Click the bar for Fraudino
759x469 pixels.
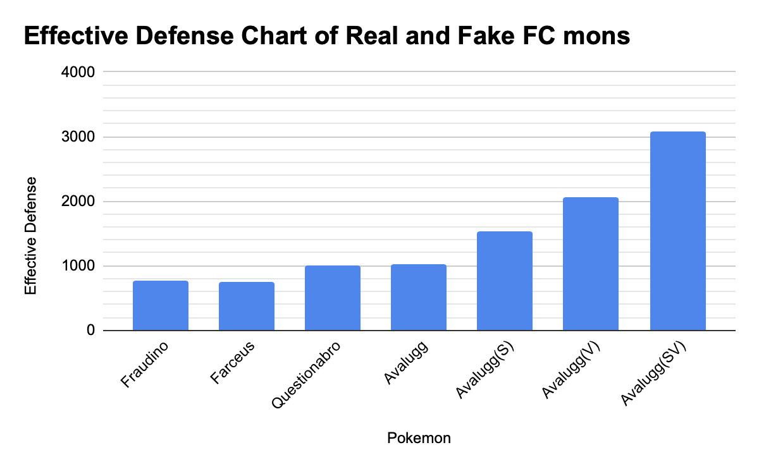161,305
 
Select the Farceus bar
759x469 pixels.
247,306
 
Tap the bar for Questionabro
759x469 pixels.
333,298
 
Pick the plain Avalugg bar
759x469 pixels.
419,297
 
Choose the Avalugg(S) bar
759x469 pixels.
505,281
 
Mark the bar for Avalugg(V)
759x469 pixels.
591,264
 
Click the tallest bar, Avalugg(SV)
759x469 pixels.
677,231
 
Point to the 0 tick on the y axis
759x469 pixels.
91,331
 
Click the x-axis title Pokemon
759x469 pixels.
419,438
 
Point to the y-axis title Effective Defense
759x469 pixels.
31,236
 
